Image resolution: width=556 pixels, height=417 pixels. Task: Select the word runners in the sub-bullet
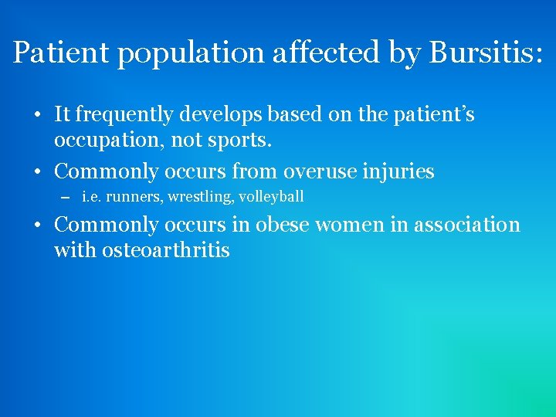point(133,197)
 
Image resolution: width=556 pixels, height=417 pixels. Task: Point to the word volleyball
point(271,197)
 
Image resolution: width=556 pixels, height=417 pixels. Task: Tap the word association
point(468,225)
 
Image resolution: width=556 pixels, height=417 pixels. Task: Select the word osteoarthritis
point(165,250)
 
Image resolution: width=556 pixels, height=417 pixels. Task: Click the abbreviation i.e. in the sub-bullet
point(91,197)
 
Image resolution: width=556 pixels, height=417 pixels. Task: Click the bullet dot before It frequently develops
point(38,116)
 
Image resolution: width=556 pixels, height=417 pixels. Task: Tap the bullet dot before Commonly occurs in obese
point(38,225)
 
